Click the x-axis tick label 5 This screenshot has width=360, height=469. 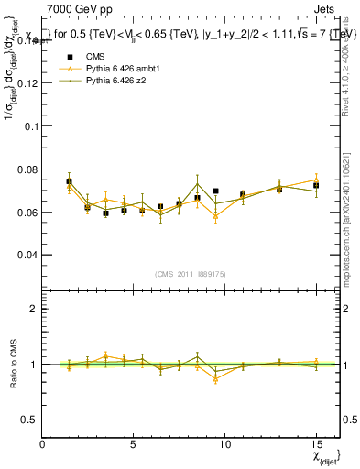click(134, 444)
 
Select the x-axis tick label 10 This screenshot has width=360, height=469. click(224, 444)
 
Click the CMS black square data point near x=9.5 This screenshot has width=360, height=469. click(215, 191)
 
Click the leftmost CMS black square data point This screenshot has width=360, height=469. click(70, 181)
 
